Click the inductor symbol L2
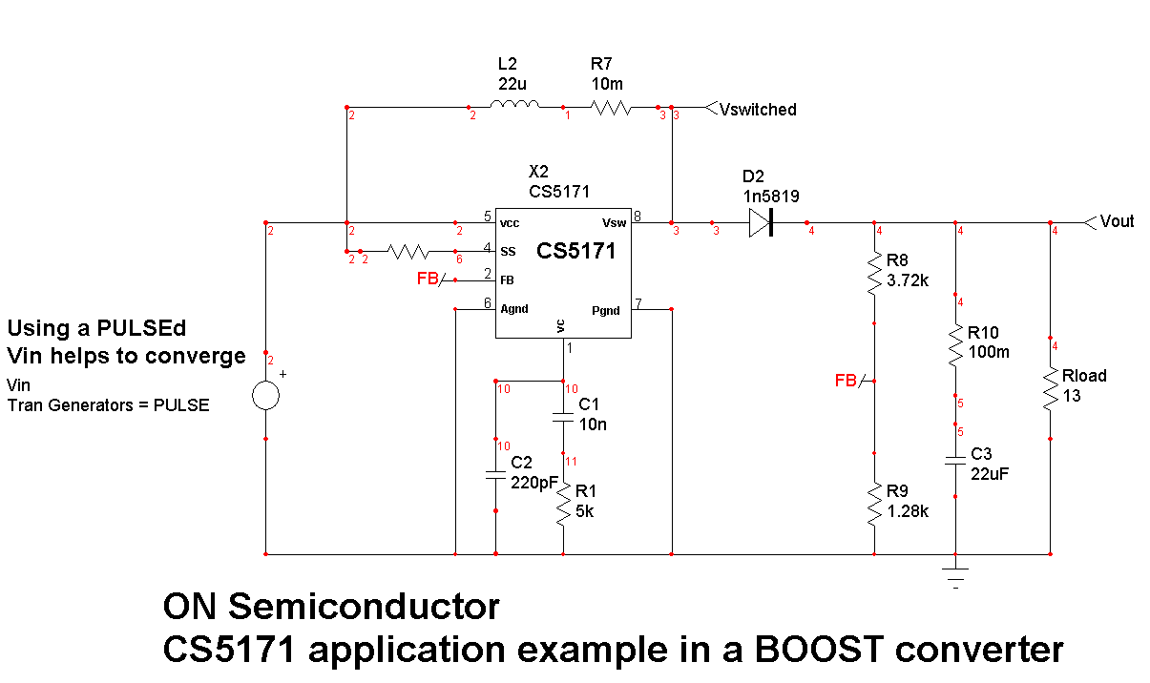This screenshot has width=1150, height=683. [515, 106]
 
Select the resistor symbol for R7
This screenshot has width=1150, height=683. [611, 108]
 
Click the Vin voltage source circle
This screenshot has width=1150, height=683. [265, 395]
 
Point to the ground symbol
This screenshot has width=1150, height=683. [955, 574]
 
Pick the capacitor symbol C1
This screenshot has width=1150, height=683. [563, 416]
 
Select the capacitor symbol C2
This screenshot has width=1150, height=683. [495, 474]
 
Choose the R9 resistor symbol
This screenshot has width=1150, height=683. [874, 504]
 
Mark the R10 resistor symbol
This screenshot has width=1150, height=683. [955, 347]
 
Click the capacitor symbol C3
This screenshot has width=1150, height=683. [955, 462]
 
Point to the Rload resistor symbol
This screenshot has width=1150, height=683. [1050, 389]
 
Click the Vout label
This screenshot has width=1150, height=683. [1117, 221]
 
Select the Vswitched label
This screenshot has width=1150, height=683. [758, 110]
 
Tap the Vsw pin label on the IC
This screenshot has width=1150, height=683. [614, 223]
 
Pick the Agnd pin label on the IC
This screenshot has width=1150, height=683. [513, 309]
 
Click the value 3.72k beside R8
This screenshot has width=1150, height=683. [908, 280]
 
